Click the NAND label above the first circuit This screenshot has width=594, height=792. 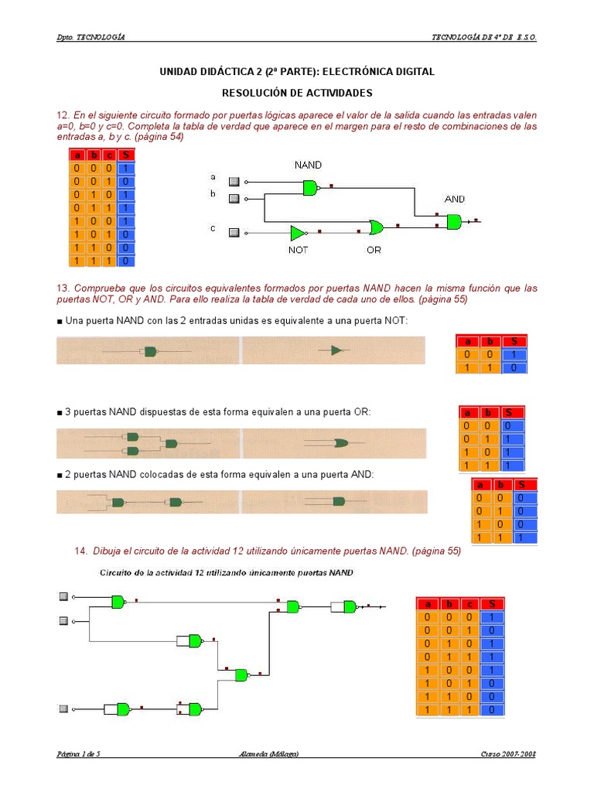pos(308,165)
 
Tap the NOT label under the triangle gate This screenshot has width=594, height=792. pos(298,250)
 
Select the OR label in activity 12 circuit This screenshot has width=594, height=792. pos(374,250)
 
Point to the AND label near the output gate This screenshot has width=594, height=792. pos(455,199)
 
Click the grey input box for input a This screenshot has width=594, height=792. pos(234,181)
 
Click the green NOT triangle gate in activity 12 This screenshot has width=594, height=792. pos(298,232)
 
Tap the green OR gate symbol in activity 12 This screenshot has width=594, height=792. pos(376,227)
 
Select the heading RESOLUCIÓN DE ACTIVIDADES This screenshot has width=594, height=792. pos(297,93)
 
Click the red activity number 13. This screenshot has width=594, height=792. pos(63,288)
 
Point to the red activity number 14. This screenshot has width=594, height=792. pos(80,551)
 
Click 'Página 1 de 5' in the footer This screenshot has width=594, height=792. pos(79,754)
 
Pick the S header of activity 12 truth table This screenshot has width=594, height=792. pos(125,155)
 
